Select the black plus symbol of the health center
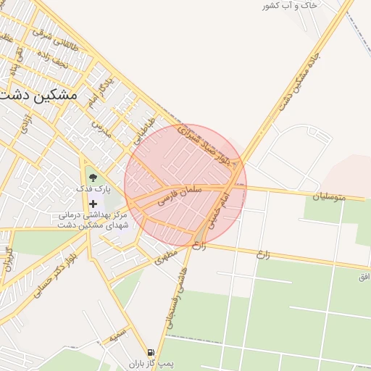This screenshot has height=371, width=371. (x=93, y=204)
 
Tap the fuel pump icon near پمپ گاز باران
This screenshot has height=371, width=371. (x=151, y=351)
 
